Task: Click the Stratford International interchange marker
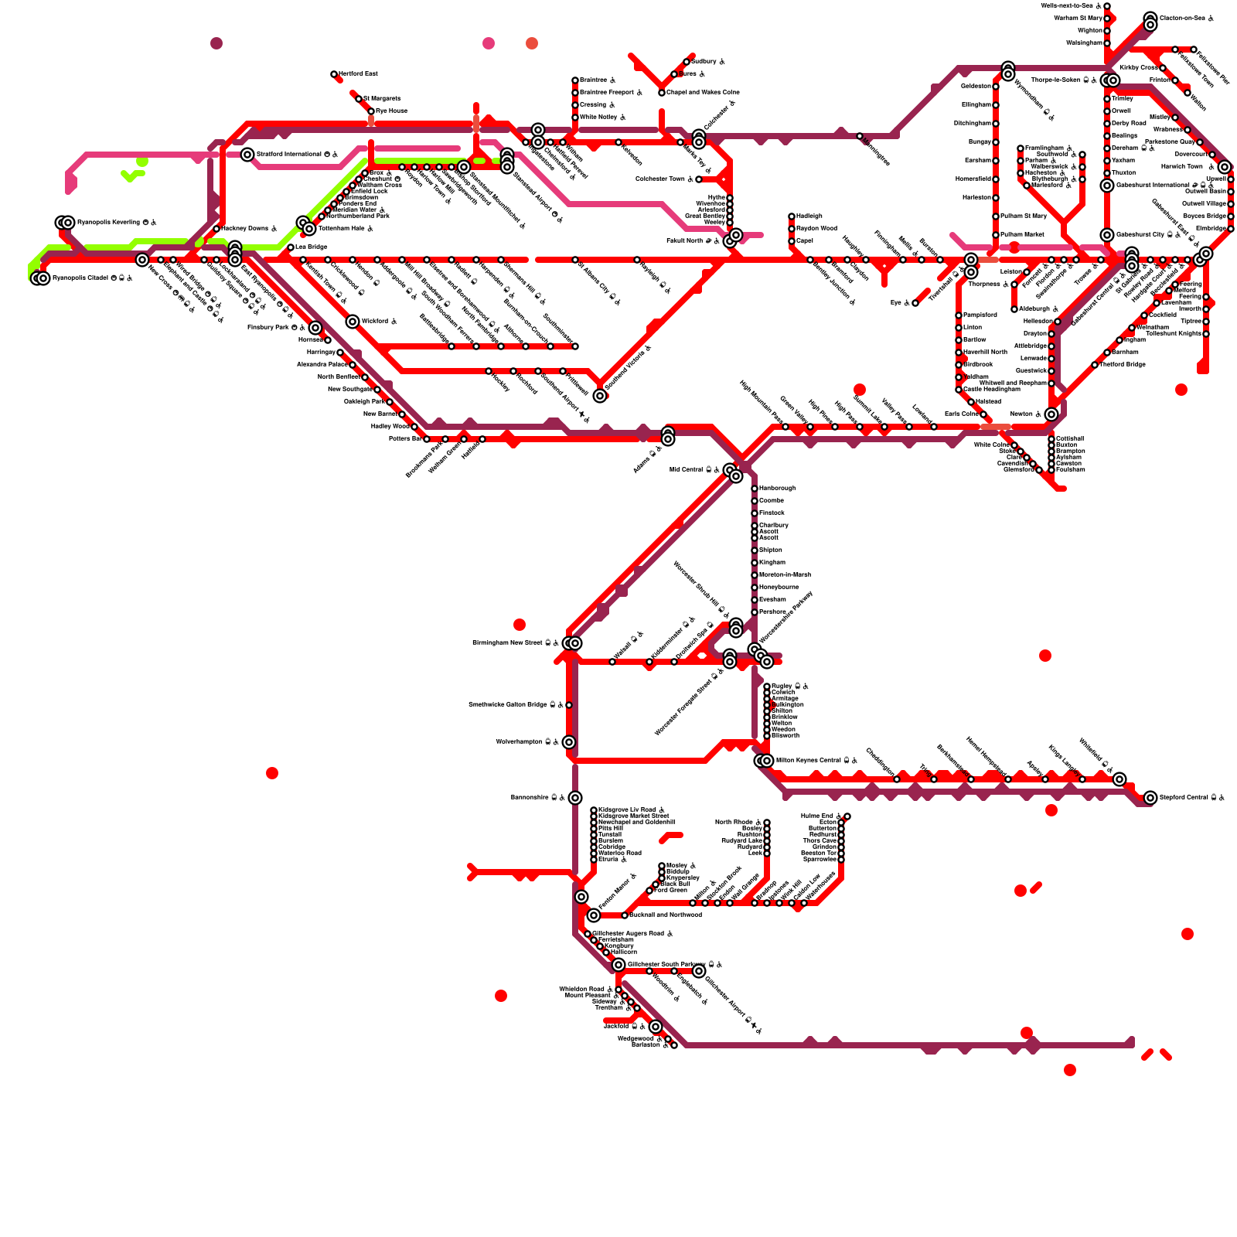point(247,155)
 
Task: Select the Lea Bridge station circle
point(291,247)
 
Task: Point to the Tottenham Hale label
point(345,229)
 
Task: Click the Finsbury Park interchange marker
point(315,328)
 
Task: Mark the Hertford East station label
point(358,73)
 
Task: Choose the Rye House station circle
point(371,111)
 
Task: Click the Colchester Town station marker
point(699,179)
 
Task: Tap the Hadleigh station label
point(809,216)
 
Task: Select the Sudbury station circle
point(687,62)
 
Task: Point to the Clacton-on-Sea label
point(1182,18)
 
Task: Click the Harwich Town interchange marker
point(1225,167)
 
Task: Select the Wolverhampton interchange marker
point(569,742)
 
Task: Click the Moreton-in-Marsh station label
point(785,575)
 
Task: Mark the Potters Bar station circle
point(427,439)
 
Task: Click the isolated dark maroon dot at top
point(216,43)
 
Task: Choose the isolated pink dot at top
point(489,43)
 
